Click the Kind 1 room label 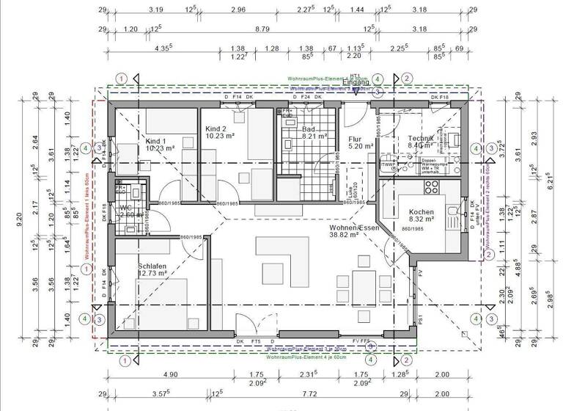pos(156,140)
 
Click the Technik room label pos(421,138)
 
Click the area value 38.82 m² pos(345,236)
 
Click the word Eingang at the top pos(356,82)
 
